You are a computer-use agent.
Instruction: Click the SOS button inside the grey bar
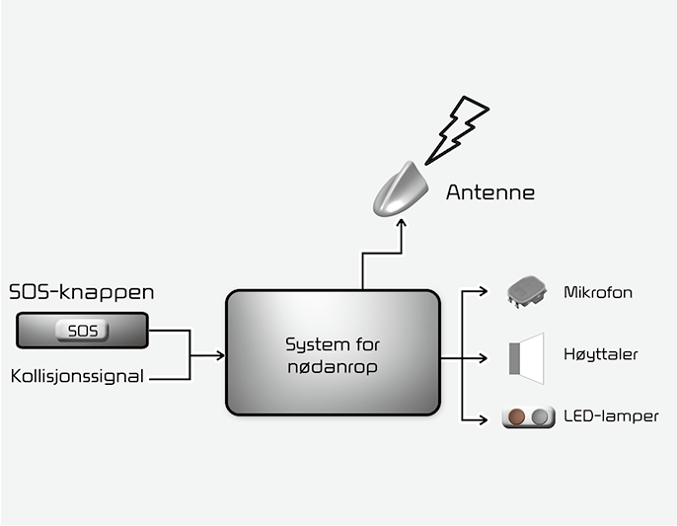click(x=82, y=331)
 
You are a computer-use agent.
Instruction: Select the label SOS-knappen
click(x=82, y=292)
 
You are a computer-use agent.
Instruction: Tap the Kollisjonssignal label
click(x=77, y=376)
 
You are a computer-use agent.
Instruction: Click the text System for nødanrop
click(x=333, y=355)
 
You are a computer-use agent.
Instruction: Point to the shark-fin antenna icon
click(x=401, y=189)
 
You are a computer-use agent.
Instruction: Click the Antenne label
click(x=490, y=192)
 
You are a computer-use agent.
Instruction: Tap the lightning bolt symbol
click(x=457, y=130)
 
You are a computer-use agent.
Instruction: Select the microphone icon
click(x=527, y=292)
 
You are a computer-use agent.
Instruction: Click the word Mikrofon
click(x=598, y=292)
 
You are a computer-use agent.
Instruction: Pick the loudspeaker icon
click(x=526, y=358)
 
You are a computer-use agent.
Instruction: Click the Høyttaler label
click(x=601, y=354)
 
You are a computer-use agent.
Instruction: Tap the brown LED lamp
click(x=516, y=416)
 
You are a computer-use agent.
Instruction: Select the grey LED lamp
click(x=540, y=417)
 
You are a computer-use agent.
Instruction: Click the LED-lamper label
click(x=611, y=416)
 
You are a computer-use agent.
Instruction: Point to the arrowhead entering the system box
click(x=221, y=355)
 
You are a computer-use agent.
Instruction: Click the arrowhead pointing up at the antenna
click(x=402, y=223)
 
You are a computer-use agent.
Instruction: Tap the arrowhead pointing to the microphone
click(x=483, y=291)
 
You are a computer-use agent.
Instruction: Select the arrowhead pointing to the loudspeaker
click(x=483, y=358)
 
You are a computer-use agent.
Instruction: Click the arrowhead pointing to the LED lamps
click(x=483, y=419)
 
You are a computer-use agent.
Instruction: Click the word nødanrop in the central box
click(x=333, y=367)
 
